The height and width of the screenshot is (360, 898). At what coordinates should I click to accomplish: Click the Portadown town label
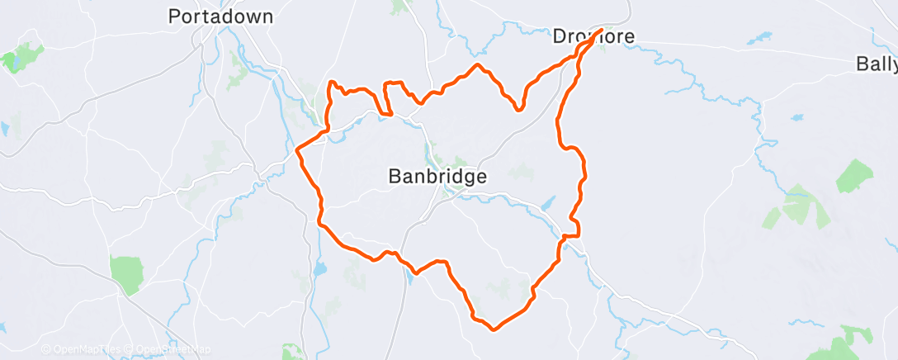(220, 17)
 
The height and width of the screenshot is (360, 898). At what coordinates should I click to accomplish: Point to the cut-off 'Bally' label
(876, 64)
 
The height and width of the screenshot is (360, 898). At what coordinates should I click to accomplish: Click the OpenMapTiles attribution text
(79, 350)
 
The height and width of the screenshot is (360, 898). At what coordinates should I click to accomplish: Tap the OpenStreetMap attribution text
(170, 350)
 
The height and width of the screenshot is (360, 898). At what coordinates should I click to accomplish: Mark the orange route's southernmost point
(494, 329)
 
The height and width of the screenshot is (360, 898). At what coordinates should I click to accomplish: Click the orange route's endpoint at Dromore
(600, 31)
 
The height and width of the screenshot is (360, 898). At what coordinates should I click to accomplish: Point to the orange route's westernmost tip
(297, 150)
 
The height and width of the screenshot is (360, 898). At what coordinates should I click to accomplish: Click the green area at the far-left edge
(10, 61)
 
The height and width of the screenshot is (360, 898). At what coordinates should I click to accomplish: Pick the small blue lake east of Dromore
(761, 38)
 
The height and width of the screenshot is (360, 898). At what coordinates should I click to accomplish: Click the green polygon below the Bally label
(854, 176)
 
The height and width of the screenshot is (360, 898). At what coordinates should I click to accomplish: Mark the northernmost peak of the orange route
(476, 64)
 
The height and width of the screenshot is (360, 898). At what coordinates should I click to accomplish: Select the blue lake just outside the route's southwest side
(319, 269)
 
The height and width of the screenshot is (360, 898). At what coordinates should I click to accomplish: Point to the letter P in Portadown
(173, 17)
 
